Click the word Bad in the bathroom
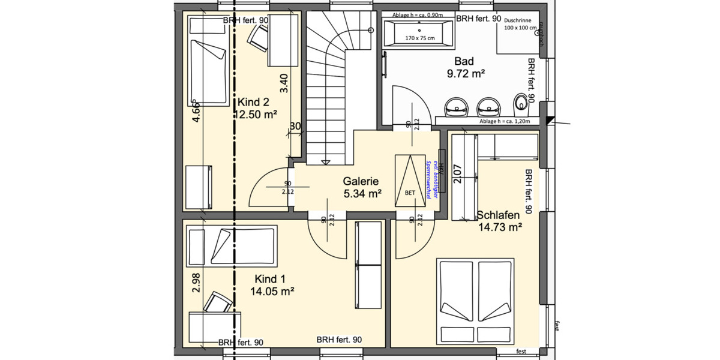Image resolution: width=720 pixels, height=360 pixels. tap(464, 61)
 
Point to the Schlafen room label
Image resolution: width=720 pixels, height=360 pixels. tap(499, 215)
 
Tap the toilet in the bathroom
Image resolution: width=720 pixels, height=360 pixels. tap(521, 105)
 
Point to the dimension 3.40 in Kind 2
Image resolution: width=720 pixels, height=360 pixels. tap(284, 83)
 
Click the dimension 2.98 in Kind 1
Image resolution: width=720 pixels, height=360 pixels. tap(196, 281)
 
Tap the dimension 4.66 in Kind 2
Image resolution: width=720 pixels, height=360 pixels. tap(196, 112)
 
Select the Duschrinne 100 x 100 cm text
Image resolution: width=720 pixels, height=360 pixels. tap(521, 24)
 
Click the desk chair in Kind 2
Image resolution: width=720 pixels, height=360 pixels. tap(259, 38)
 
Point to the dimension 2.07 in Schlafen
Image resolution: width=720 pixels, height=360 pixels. tap(458, 173)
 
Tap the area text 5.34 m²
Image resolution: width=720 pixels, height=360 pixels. tap(363, 193)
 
